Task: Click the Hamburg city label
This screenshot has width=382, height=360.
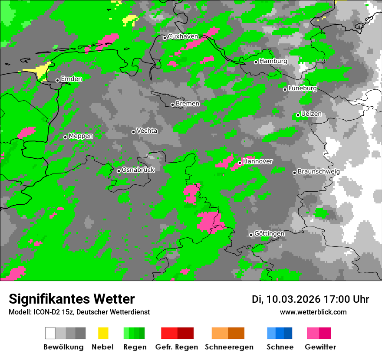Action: pos(273,61)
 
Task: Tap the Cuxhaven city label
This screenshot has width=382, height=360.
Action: pos(183,36)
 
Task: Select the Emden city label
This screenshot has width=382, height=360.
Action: pos(71,79)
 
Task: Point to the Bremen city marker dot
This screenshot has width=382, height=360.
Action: pos(172,105)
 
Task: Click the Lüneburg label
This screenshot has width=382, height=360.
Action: pos(303,88)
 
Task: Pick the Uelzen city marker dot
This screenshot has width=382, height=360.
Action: pos(298,115)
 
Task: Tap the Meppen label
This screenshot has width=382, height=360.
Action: pos(81,136)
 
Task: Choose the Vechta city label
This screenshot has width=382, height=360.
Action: pos(147,131)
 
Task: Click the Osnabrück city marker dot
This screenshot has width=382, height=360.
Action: pos(119,171)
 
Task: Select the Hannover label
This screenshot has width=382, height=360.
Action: pos(258,161)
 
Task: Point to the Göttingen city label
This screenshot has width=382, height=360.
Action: pos(269,233)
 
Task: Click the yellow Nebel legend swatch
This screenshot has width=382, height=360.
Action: pos(103,333)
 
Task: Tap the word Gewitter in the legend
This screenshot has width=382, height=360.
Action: pos(320,347)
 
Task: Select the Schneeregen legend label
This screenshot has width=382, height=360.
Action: pos(229,347)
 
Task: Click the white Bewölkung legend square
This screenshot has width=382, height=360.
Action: pos(50,333)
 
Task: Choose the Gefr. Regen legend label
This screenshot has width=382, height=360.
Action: pos(177,347)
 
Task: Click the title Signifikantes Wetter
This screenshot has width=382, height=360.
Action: pos(72,299)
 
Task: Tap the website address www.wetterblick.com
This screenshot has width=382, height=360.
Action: pos(313,312)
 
